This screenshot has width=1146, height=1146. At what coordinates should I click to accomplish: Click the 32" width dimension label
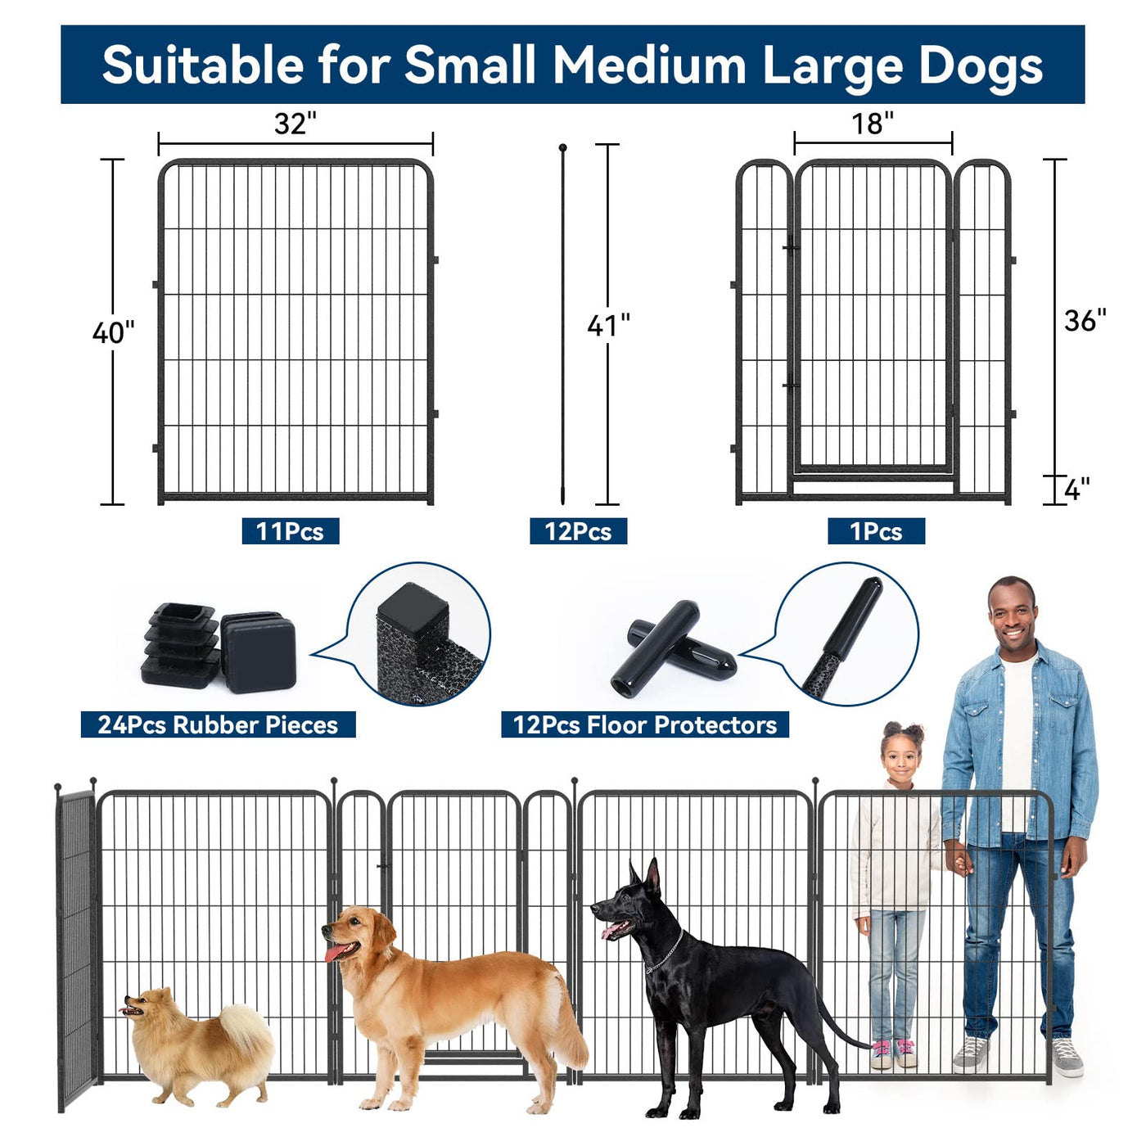point(295,124)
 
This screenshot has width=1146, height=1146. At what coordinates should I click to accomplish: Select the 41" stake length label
point(608,325)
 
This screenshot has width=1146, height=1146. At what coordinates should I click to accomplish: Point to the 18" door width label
point(873,124)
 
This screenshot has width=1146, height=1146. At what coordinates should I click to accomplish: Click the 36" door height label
point(1085,320)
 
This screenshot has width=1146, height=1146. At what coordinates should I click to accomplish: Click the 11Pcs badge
point(291,531)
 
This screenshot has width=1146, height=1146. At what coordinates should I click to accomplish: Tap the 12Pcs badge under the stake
point(578,531)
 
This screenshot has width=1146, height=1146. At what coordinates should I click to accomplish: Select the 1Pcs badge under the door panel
point(876,531)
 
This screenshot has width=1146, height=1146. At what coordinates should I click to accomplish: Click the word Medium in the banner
point(649,65)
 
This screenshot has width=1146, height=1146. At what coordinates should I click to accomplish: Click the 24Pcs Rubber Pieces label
point(219,724)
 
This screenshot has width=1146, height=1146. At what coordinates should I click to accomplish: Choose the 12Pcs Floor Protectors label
point(645,724)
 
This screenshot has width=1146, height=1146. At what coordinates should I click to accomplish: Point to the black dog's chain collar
point(665,953)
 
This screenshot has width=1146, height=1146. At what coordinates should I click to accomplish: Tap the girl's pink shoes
point(894,1054)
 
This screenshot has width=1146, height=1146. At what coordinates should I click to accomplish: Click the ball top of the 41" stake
point(562,147)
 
